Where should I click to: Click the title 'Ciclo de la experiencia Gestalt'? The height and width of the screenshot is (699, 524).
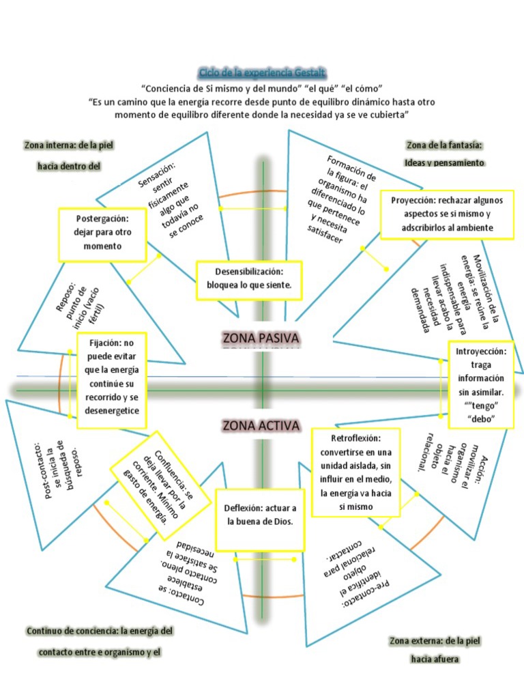pos(262,72)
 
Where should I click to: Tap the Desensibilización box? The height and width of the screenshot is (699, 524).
pos(248,280)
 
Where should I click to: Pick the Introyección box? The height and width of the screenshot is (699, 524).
pos(481,384)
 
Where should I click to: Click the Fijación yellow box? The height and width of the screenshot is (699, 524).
pos(112,380)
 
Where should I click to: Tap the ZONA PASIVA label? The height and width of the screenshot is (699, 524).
pos(261,338)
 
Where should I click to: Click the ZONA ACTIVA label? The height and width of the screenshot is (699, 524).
pos(261,426)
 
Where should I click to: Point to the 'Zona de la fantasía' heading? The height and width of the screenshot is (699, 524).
pos(444,145)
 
